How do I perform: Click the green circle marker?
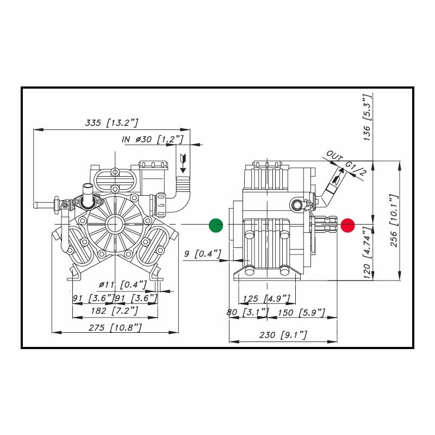coord(216,225)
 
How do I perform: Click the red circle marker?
coord(347,225)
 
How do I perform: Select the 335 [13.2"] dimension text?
coord(112,123)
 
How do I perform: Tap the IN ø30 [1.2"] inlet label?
coord(152,140)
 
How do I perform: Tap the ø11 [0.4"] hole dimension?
coord(123,284)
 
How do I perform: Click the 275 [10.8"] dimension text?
coord(115,327)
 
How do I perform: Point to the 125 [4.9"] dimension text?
coord(266,298)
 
